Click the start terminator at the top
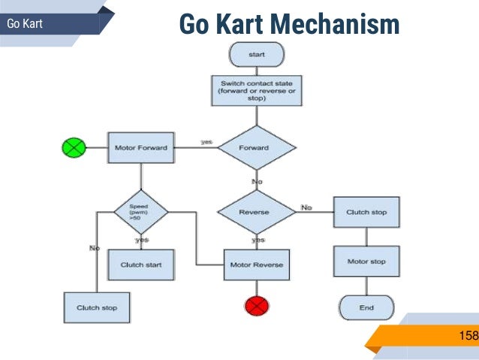(256, 54)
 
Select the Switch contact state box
(257, 90)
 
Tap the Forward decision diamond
(254, 147)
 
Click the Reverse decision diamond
(254, 212)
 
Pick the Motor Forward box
(140, 147)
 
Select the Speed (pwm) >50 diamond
(140, 211)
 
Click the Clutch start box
(140, 265)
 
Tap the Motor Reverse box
(256, 265)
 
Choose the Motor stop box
(366, 262)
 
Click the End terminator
(366, 307)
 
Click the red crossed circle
(256, 305)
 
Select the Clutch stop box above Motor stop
(366, 213)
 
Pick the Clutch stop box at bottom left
(97, 307)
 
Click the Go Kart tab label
(24, 24)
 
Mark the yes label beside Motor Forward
(206, 141)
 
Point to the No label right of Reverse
(306, 207)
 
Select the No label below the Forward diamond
(257, 181)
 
